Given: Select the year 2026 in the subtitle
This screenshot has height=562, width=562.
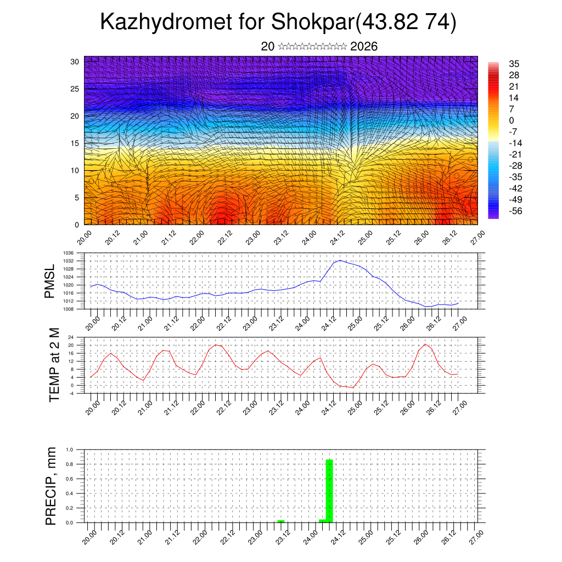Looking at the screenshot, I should pyautogui.click(x=364, y=47).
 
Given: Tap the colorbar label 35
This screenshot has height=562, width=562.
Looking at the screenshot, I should pyautogui.click(x=514, y=64).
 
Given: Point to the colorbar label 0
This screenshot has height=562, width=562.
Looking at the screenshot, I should pyautogui.click(x=512, y=120).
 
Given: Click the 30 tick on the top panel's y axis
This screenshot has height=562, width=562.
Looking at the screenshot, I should pyautogui.click(x=75, y=61).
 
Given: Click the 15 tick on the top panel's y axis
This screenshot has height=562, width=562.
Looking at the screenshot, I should pyautogui.click(x=75, y=143).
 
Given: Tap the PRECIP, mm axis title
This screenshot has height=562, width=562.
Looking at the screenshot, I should pyautogui.click(x=51, y=486).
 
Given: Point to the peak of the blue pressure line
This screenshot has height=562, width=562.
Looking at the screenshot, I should pyautogui.click(x=340, y=260).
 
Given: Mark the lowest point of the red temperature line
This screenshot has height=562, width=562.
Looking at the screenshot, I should pyautogui.click(x=353, y=387).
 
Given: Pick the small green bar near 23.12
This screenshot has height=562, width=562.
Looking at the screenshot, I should pyautogui.click(x=281, y=521).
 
